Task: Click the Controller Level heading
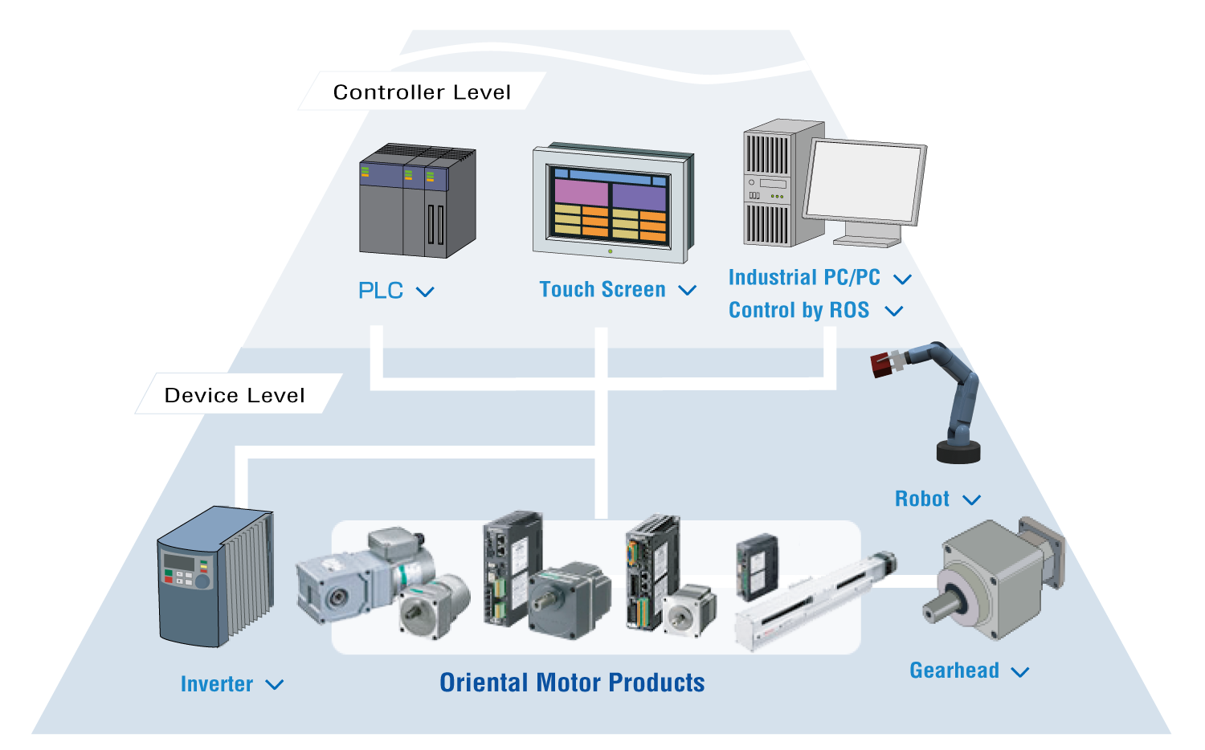[422, 92]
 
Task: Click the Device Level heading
[235, 396]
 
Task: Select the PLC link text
[380, 291]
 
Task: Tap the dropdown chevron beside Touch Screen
[687, 291]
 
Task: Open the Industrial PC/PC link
[804, 277]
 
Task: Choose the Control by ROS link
[799, 310]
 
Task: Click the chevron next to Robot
[971, 500]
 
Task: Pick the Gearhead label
[954, 671]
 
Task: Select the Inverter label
[217, 684]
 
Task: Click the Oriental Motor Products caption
[572, 683]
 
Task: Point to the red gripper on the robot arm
[882, 365]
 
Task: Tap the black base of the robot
[958, 451]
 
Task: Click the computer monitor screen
[864, 181]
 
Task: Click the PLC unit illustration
[418, 201]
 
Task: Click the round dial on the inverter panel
[202, 581]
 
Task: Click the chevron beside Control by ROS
[893, 312]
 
